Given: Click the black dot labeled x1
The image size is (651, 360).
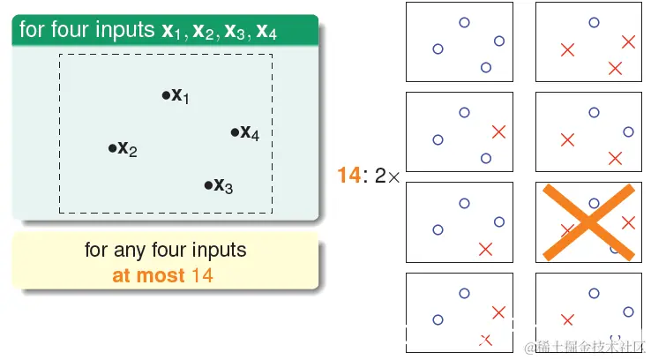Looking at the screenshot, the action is click(166, 95).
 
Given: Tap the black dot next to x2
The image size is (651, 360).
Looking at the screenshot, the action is click(113, 148).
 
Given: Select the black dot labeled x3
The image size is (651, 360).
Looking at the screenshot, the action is click(208, 185).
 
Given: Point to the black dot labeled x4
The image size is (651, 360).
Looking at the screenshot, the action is click(235, 132).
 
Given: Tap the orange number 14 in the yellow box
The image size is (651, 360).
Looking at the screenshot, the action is click(202, 275).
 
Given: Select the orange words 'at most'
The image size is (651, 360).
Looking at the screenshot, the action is click(148, 275).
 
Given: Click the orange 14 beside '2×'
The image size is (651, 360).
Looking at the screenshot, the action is click(348, 176).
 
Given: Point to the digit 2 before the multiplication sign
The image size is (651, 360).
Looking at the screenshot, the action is click(380, 176).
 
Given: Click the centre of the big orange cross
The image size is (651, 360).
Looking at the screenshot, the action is click(588, 222).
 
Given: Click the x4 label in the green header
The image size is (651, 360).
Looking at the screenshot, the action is click(266, 31).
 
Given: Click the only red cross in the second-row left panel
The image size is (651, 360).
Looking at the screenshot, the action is click(498, 132).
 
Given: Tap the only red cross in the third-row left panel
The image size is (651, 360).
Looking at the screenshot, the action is click(485, 249).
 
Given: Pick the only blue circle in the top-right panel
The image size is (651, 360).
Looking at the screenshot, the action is click(595, 22).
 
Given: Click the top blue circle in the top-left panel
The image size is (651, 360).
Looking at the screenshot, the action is click(465, 22).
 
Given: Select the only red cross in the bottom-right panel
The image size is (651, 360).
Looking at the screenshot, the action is click(567, 319).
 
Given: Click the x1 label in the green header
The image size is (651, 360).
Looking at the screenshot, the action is click(171, 31).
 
